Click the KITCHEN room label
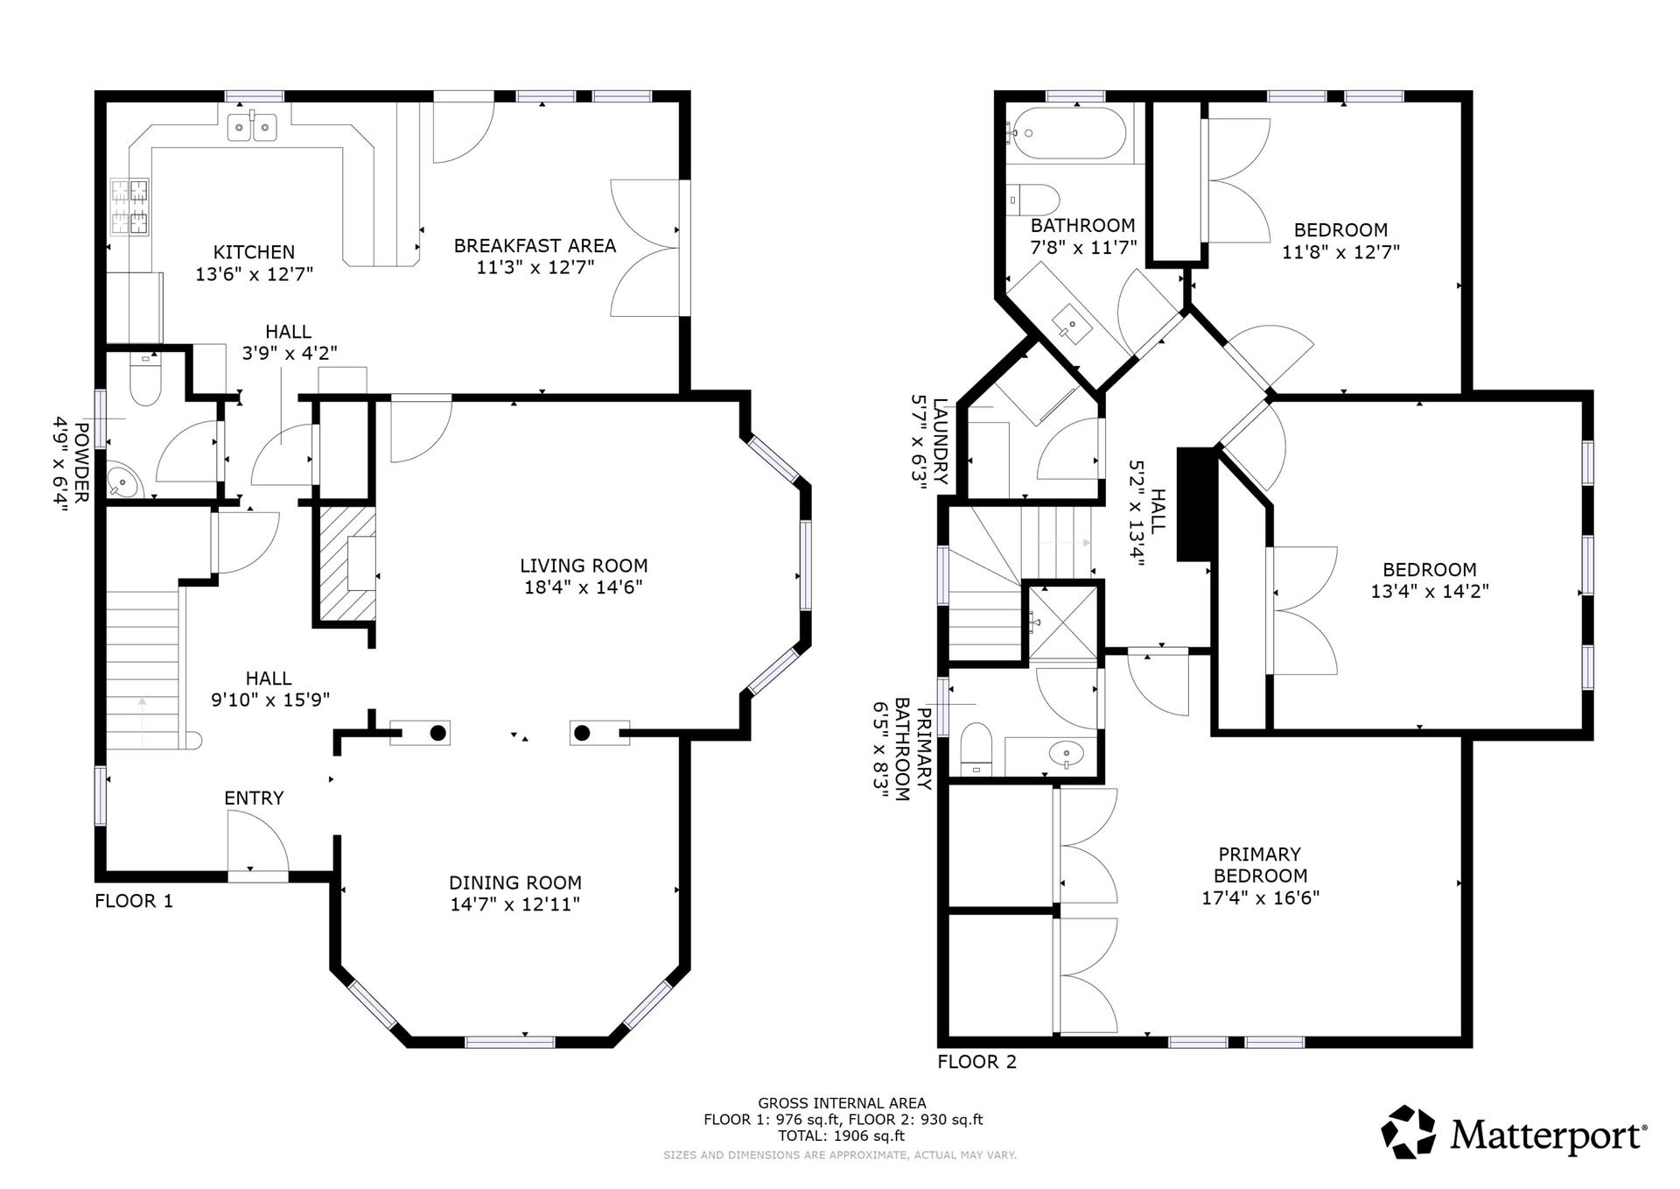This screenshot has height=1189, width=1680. point(254,252)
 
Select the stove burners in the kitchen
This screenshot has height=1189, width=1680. point(129,207)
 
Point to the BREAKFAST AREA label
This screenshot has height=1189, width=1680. point(535,246)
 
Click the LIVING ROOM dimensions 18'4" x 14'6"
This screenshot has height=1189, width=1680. point(583,587)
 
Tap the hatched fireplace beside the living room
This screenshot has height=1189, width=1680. point(346,563)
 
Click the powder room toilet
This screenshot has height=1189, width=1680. point(145,378)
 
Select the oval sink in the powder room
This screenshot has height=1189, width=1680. point(123,482)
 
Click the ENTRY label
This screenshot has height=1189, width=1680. point(254,798)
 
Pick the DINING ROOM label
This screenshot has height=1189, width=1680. point(515,883)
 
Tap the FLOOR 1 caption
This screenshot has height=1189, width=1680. point(134,901)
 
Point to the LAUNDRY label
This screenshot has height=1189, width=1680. point(941,441)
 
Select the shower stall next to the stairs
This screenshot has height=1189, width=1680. point(1062,622)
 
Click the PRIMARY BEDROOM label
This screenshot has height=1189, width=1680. point(1260,864)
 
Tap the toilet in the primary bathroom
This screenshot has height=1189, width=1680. point(975,749)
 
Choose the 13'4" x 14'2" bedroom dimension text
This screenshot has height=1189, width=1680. point(1430,591)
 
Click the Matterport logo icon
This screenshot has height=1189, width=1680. point(1409,1132)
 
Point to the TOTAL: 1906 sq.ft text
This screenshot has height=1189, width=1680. point(842,1136)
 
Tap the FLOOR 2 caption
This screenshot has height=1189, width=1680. point(977,1062)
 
